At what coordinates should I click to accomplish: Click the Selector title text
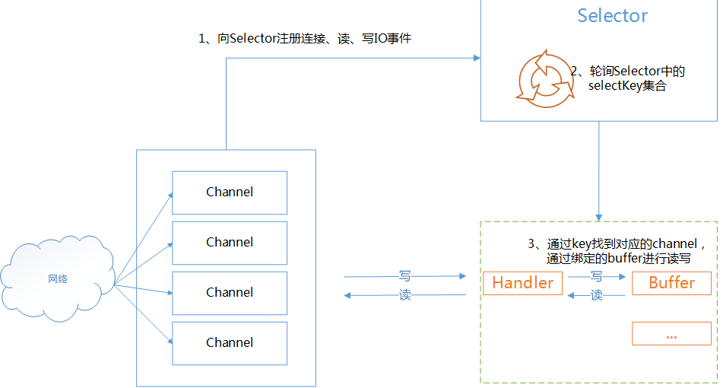click(x=612, y=16)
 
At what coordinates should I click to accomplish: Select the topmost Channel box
click(x=230, y=192)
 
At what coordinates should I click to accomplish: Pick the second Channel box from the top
click(x=230, y=243)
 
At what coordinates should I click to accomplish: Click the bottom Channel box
click(x=230, y=344)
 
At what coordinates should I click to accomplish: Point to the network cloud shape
click(x=58, y=278)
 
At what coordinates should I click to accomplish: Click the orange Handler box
click(x=522, y=283)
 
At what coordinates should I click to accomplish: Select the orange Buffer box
click(x=671, y=283)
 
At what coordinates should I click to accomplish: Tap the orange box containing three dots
click(x=671, y=333)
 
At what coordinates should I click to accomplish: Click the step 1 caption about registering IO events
click(x=305, y=38)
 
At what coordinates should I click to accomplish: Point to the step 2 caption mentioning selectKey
click(x=627, y=78)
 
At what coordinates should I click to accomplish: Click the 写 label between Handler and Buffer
click(x=596, y=276)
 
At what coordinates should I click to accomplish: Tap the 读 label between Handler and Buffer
click(x=596, y=295)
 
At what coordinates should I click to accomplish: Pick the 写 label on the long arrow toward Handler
click(x=404, y=276)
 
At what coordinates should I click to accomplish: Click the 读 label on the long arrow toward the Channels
click(x=404, y=295)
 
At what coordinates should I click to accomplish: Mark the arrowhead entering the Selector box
click(x=477, y=58)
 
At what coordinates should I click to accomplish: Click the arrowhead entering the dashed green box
click(x=598, y=218)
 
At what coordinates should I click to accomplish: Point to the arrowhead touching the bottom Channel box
click(x=170, y=341)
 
